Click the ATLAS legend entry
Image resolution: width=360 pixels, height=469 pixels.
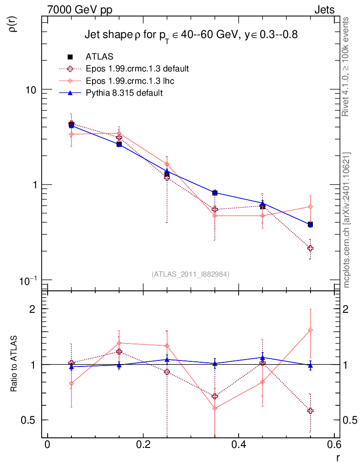[x=99, y=57]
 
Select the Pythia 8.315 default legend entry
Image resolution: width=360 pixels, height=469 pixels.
[x=124, y=93]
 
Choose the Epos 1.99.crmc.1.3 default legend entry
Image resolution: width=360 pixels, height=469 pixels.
[x=137, y=69]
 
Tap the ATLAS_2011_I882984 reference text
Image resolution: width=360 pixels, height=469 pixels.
[x=190, y=274]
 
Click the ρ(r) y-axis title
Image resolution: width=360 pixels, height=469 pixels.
[x=13, y=23]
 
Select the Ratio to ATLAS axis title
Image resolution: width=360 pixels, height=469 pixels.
[x=14, y=365]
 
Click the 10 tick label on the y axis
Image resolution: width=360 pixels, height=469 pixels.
[x=31, y=90]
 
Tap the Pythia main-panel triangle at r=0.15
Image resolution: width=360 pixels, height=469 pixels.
[x=119, y=144]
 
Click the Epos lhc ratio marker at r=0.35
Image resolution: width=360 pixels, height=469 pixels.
[x=215, y=408]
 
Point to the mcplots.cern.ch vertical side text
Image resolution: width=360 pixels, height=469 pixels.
[x=347, y=220]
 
